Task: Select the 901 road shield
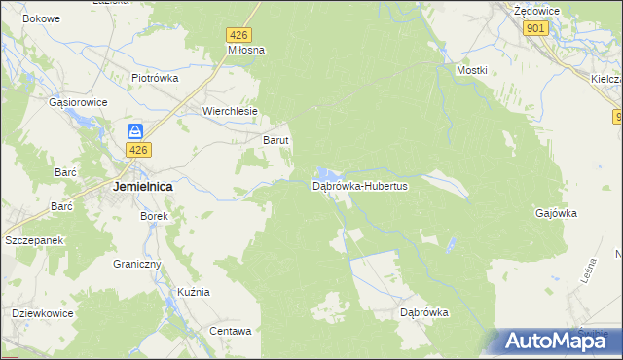534,29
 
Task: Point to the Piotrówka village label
156,78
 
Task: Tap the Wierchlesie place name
230,111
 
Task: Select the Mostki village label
471,70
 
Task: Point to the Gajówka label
557,212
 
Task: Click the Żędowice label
534,9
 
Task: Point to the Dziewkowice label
45,313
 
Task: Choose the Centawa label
231,331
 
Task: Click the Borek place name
156,216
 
